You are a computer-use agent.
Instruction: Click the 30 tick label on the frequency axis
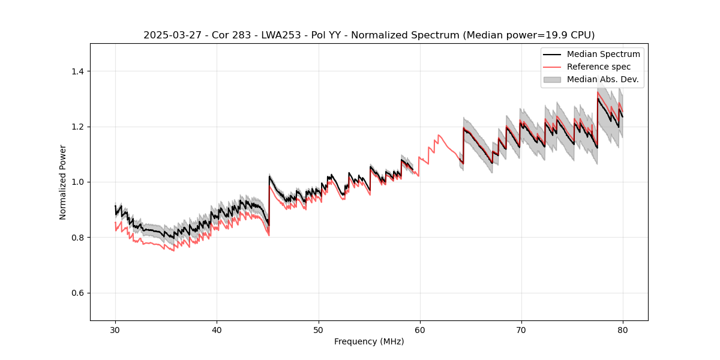(115, 329)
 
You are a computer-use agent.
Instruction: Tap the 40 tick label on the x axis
(217, 329)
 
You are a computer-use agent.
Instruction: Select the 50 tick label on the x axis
(318, 329)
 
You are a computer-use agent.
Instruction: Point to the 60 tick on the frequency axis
(419, 329)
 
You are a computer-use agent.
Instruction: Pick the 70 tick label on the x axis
(521, 329)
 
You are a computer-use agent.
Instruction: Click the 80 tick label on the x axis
(622, 329)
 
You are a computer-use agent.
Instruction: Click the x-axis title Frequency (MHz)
(369, 341)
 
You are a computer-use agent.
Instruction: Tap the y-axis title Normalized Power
(63, 182)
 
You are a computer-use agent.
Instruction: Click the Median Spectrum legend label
(603, 54)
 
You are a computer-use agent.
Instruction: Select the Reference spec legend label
(598, 67)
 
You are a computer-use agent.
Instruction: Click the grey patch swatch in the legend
(552, 79)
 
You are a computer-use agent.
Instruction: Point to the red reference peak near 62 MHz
(439, 135)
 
